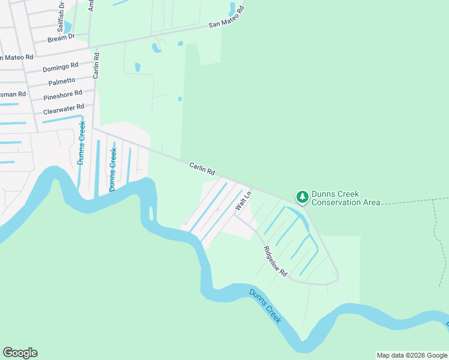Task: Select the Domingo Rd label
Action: [x=60, y=67]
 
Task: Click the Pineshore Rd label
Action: [x=62, y=95]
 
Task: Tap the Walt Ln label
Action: [x=243, y=200]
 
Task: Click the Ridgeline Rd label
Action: [x=276, y=261]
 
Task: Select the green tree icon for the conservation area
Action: [x=302, y=197]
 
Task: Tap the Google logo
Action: [x=20, y=353]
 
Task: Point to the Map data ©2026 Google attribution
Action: [x=412, y=355]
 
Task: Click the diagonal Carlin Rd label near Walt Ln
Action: [x=202, y=169]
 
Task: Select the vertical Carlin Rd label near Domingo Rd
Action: [x=96, y=65]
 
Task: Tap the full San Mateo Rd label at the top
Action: [x=227, y=18]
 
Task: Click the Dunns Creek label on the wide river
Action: [x=265, y=306]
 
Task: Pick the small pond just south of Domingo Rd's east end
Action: [x=137, y=67]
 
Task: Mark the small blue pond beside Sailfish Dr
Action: [x=67, y=28]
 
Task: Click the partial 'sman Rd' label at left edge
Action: [x=13, y=94]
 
